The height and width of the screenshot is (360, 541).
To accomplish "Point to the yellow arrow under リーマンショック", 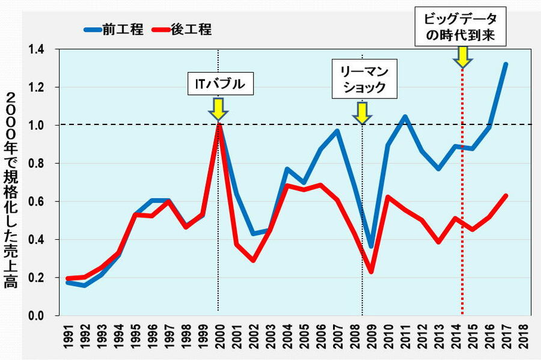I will [x=362, y=112].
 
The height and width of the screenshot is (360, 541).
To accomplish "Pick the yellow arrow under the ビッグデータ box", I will [x=462, y=56].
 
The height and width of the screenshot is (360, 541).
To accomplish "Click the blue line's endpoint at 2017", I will [x=506, y=64].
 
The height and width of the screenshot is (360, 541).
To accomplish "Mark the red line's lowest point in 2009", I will [x=372, y=272].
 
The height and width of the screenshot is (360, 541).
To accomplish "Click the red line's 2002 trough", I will [x=253, y=260].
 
